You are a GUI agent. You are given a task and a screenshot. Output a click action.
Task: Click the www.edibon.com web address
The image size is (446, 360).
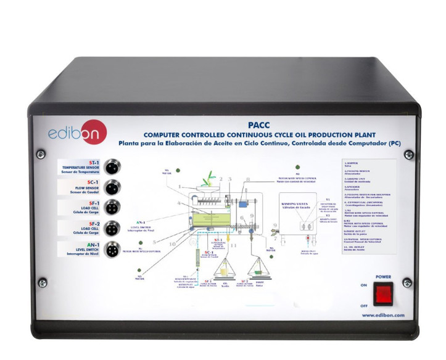(382, 314)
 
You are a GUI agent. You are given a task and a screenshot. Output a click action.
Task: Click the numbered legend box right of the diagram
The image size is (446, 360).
(368, 203)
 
